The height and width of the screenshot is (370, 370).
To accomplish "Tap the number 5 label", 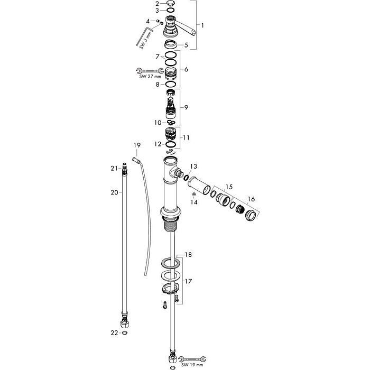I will coord(186,45).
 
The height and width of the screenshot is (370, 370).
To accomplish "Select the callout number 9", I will coord(186,107).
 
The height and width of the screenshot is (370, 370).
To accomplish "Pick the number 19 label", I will coord(137,145).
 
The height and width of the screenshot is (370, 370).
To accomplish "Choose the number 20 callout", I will coord(114,193).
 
